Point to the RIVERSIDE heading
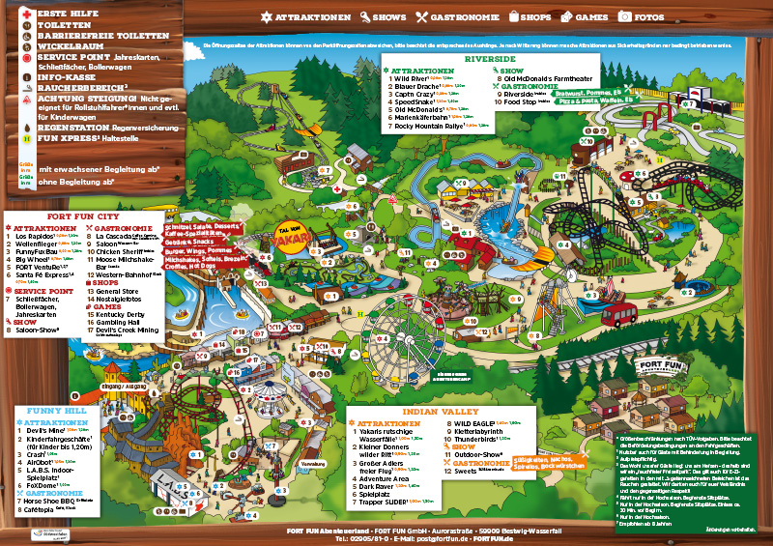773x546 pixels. pyautogui.click(x=490, y=59)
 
